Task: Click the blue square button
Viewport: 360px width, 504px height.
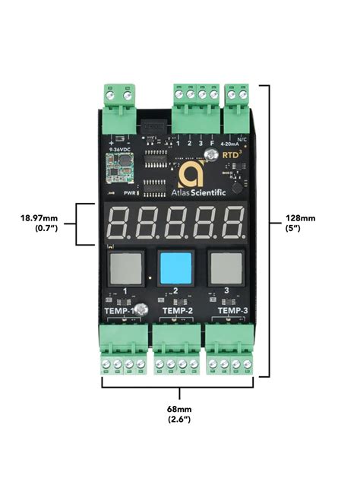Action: (x=176, y=268)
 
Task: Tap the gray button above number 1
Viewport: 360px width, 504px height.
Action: (x=125, y=268)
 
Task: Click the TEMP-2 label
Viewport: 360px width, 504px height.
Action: (x=177, y=310)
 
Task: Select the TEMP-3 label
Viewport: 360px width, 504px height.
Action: (x=232, y=310)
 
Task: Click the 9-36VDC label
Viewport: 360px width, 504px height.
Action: (x=117, y=149)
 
